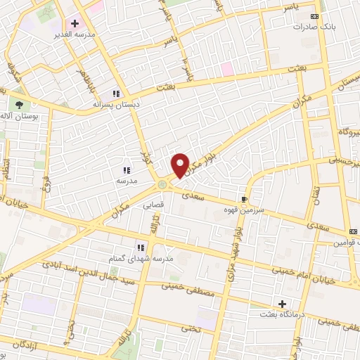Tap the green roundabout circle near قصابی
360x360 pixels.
(162, 184)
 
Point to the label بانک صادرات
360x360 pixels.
(314, 27)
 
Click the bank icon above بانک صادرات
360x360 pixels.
(314, 16)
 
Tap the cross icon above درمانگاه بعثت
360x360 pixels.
(283, 304)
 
